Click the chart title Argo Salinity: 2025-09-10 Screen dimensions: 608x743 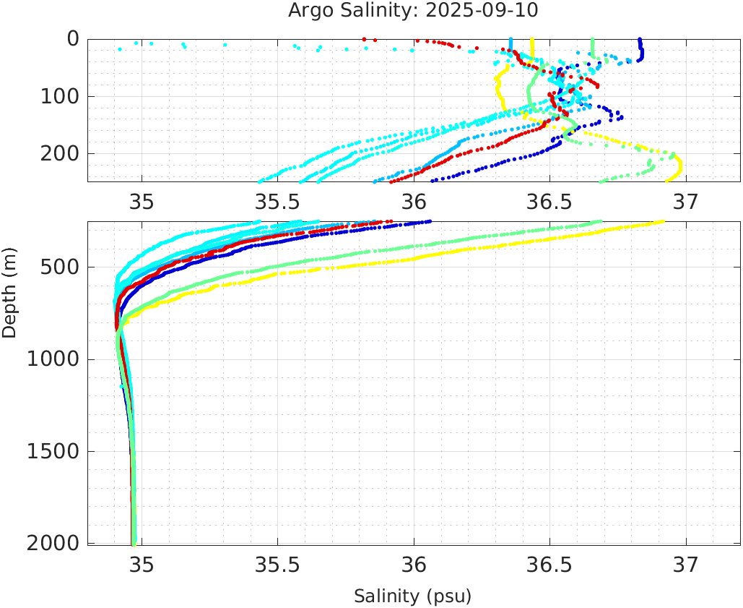(413, 11)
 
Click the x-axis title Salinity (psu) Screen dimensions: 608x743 (412, 596)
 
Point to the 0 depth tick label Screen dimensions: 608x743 (73, 39)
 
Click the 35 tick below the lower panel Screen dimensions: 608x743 (142, 564)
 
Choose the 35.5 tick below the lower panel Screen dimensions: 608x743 (277, 564)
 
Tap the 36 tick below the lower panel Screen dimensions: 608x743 (414, 564)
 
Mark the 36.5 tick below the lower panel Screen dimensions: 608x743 (549, 564)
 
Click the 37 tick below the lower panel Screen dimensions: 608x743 (686, 564)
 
